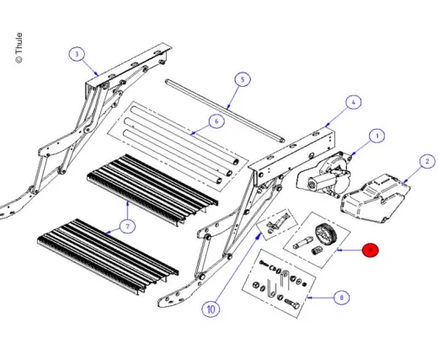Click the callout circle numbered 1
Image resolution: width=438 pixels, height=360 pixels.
377,136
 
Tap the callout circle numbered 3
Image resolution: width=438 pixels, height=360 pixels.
77,55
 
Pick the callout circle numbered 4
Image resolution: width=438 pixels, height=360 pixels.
352,102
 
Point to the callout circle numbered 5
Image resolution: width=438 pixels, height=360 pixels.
242,80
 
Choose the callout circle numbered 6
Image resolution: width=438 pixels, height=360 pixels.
215,121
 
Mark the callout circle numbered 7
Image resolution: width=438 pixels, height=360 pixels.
126,226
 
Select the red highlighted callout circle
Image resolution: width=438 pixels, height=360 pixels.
371,250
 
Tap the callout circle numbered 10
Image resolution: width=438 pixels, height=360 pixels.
211,309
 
